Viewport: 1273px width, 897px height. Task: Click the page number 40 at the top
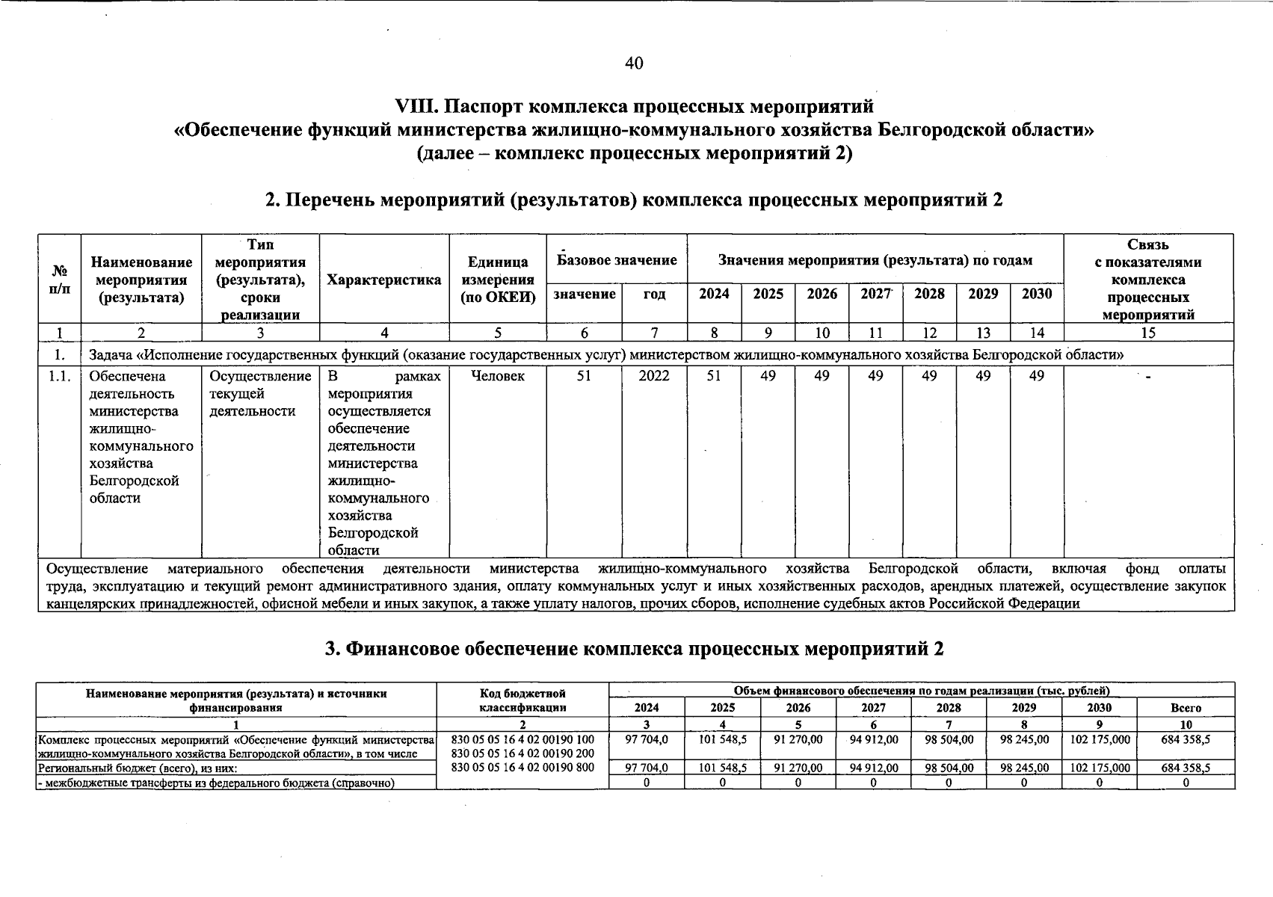click(x=634, y=63)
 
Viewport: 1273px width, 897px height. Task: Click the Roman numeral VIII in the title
click(x=416, y=105)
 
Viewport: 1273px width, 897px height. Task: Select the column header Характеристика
click(x=384, y=280)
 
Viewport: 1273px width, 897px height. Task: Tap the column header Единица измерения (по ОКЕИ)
click(x=498, y=280)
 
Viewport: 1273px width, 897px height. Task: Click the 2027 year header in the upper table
click(x=875, y=294)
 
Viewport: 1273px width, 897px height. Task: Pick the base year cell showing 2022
click(x=654, y=376)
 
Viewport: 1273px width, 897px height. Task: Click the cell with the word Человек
click(x=498, y=376)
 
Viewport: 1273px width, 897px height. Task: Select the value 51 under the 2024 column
click(x=714, y=376)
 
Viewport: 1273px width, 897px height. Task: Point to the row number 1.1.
click(x=59, y=376)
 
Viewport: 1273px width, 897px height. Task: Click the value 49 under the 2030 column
click(x=1036, y=376)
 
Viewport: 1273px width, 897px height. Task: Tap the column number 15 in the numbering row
click(x=1148, y=333)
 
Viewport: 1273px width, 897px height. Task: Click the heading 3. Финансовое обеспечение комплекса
click(x=634, y=649)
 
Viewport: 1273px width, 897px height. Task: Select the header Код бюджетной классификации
click(x=523, y=700)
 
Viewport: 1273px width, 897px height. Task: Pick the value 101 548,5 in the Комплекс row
click(x=722, y=739)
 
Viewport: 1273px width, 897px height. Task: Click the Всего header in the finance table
click(x=1186, y=707)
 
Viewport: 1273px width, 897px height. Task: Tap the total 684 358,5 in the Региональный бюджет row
click(x=1186, y=768)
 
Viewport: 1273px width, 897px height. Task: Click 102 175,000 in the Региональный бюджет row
click(x=1099, y=768)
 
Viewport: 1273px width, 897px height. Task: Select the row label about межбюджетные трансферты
click(x=215, y=783)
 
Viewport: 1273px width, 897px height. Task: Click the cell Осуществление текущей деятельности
click(x=260, y=394)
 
